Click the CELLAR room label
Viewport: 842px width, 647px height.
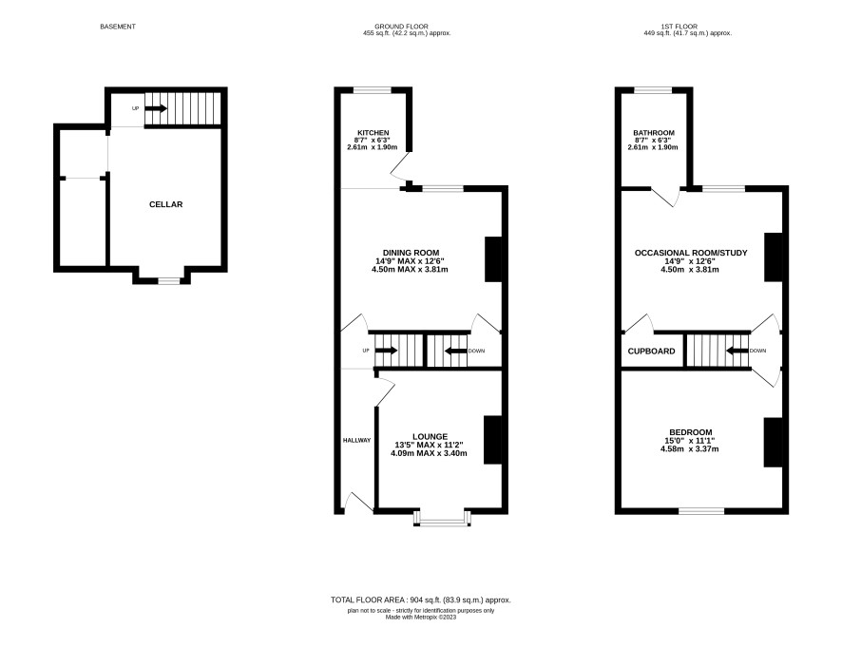tap(166, 204)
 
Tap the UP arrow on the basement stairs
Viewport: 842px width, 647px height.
tap(156, 108)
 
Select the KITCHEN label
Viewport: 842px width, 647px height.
tap(373, 133)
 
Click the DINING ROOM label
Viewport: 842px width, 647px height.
tap(411, 253)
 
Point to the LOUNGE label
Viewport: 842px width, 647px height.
tap(431, 436)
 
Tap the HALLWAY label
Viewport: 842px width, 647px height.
tap(356, 440)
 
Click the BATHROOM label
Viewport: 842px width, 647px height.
tap(654, 133)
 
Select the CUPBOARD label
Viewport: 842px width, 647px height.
tap(651, 352)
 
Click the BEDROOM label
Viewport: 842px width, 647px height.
tap(691, 432)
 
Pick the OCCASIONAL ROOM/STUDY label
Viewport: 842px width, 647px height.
tap(691, 253)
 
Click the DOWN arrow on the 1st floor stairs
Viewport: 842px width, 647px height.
tap(737, 351)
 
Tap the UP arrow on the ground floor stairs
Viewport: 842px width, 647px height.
tap(386, 351)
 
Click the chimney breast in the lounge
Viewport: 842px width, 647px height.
tap(492, 440)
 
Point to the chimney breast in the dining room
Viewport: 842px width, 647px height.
tap(493, 259)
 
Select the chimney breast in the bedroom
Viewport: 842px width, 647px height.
tap(773, 443)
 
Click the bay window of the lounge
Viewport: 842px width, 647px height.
tap(443, 519)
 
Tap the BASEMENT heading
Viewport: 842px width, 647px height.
tap(118, 27)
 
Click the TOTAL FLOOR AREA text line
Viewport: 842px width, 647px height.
tap(420, 600)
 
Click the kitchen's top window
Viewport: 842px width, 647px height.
tap(373, 90)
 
